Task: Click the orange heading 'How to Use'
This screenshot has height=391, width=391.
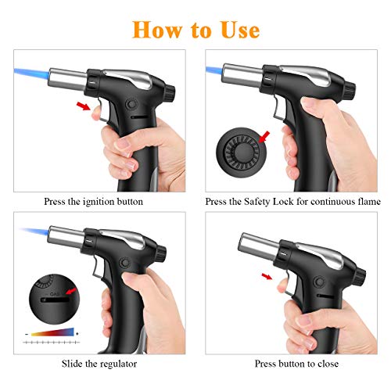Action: (196, 30)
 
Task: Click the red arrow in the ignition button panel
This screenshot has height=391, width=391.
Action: (83, 106)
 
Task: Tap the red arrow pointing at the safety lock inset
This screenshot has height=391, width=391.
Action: (264, 137)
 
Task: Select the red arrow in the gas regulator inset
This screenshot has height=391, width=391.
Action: (71, 291)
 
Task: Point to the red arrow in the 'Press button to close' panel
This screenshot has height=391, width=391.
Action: (267, 276)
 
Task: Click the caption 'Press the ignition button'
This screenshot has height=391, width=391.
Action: (93, 202)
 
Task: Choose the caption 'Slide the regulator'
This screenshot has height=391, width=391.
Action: (99, 364)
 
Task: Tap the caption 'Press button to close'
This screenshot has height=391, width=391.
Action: (296, 364)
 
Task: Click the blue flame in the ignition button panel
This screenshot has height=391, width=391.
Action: (31, 74)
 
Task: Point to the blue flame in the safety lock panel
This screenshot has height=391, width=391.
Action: (214, 70)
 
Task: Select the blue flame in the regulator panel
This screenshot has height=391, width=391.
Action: (35, 231)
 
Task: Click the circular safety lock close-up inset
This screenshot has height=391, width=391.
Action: (242, 152)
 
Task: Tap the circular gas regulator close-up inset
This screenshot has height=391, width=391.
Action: (53, 299)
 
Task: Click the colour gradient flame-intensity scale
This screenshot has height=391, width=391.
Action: (52, 332)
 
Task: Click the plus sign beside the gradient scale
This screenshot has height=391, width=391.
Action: (77, 333)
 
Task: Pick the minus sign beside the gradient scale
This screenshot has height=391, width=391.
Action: (27, 334)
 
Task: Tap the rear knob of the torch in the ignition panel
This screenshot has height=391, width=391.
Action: (170, 92)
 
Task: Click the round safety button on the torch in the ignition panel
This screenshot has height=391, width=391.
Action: (131, 104)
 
